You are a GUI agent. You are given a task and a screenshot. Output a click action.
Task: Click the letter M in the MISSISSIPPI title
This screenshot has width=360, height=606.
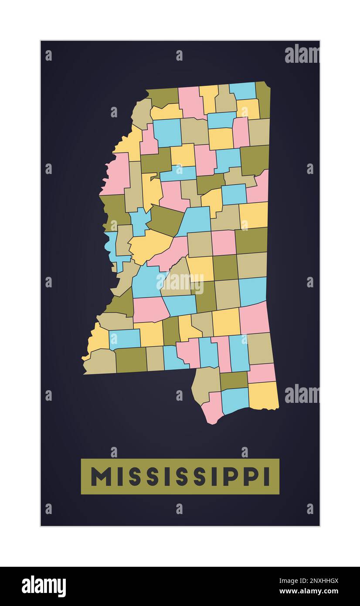point(101,477)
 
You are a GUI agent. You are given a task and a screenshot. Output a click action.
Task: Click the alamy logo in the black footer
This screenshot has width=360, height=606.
point(44,586)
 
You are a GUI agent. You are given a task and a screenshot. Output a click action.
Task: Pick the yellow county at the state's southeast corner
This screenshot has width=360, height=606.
point(263,395)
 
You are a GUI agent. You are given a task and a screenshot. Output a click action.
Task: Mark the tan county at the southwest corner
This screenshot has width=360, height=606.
point(100,362)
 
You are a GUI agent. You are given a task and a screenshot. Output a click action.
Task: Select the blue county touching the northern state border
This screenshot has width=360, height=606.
point(242,91)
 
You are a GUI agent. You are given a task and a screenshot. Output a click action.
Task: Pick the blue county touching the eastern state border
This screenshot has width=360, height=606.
point(253,291)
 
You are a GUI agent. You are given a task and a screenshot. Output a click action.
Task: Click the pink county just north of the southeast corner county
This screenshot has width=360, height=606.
point(262,373)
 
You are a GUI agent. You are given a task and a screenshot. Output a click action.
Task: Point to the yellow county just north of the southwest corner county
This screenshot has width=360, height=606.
point(99,338)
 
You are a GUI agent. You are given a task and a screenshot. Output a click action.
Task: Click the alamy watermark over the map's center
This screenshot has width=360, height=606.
point(180,283)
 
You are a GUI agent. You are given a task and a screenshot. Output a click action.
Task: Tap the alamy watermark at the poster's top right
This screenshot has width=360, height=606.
point(302,54)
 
